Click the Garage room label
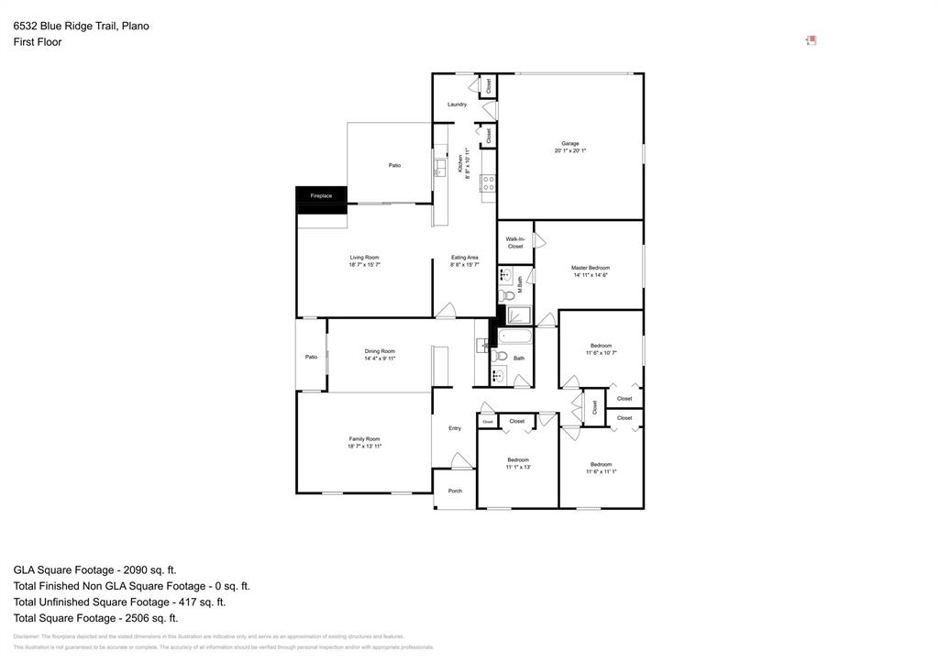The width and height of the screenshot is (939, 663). (x=569, y=143)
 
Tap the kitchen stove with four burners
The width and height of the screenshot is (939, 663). (x=489, y=182)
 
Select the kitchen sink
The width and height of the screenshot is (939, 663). (x=440, y=167)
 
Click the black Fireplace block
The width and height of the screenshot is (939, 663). (x=321, y=200)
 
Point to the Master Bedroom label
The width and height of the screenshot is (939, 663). (x=590, y=268)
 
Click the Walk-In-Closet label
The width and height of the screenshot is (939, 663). (x=514, y=242)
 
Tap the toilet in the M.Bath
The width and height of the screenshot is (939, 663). (x=507, y=294)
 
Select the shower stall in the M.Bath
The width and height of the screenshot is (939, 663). (x=519, y=315)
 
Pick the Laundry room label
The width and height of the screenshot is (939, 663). (x=457, y=105)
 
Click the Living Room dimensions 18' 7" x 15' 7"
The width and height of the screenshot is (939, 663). (x=364, y=265)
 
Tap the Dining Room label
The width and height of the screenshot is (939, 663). (x=380, y=351)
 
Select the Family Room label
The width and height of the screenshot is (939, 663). (x=364, y=439)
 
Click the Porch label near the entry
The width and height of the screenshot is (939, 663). (x=455, y=491)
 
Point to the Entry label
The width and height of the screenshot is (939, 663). (x=455, y=428)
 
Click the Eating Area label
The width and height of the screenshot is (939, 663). (x=464, y=258)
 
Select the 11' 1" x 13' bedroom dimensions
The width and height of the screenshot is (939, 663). (x=518, y=467)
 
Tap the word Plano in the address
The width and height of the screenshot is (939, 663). (x=135, y=26)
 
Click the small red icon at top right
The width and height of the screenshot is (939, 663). (x=811, y=40)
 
